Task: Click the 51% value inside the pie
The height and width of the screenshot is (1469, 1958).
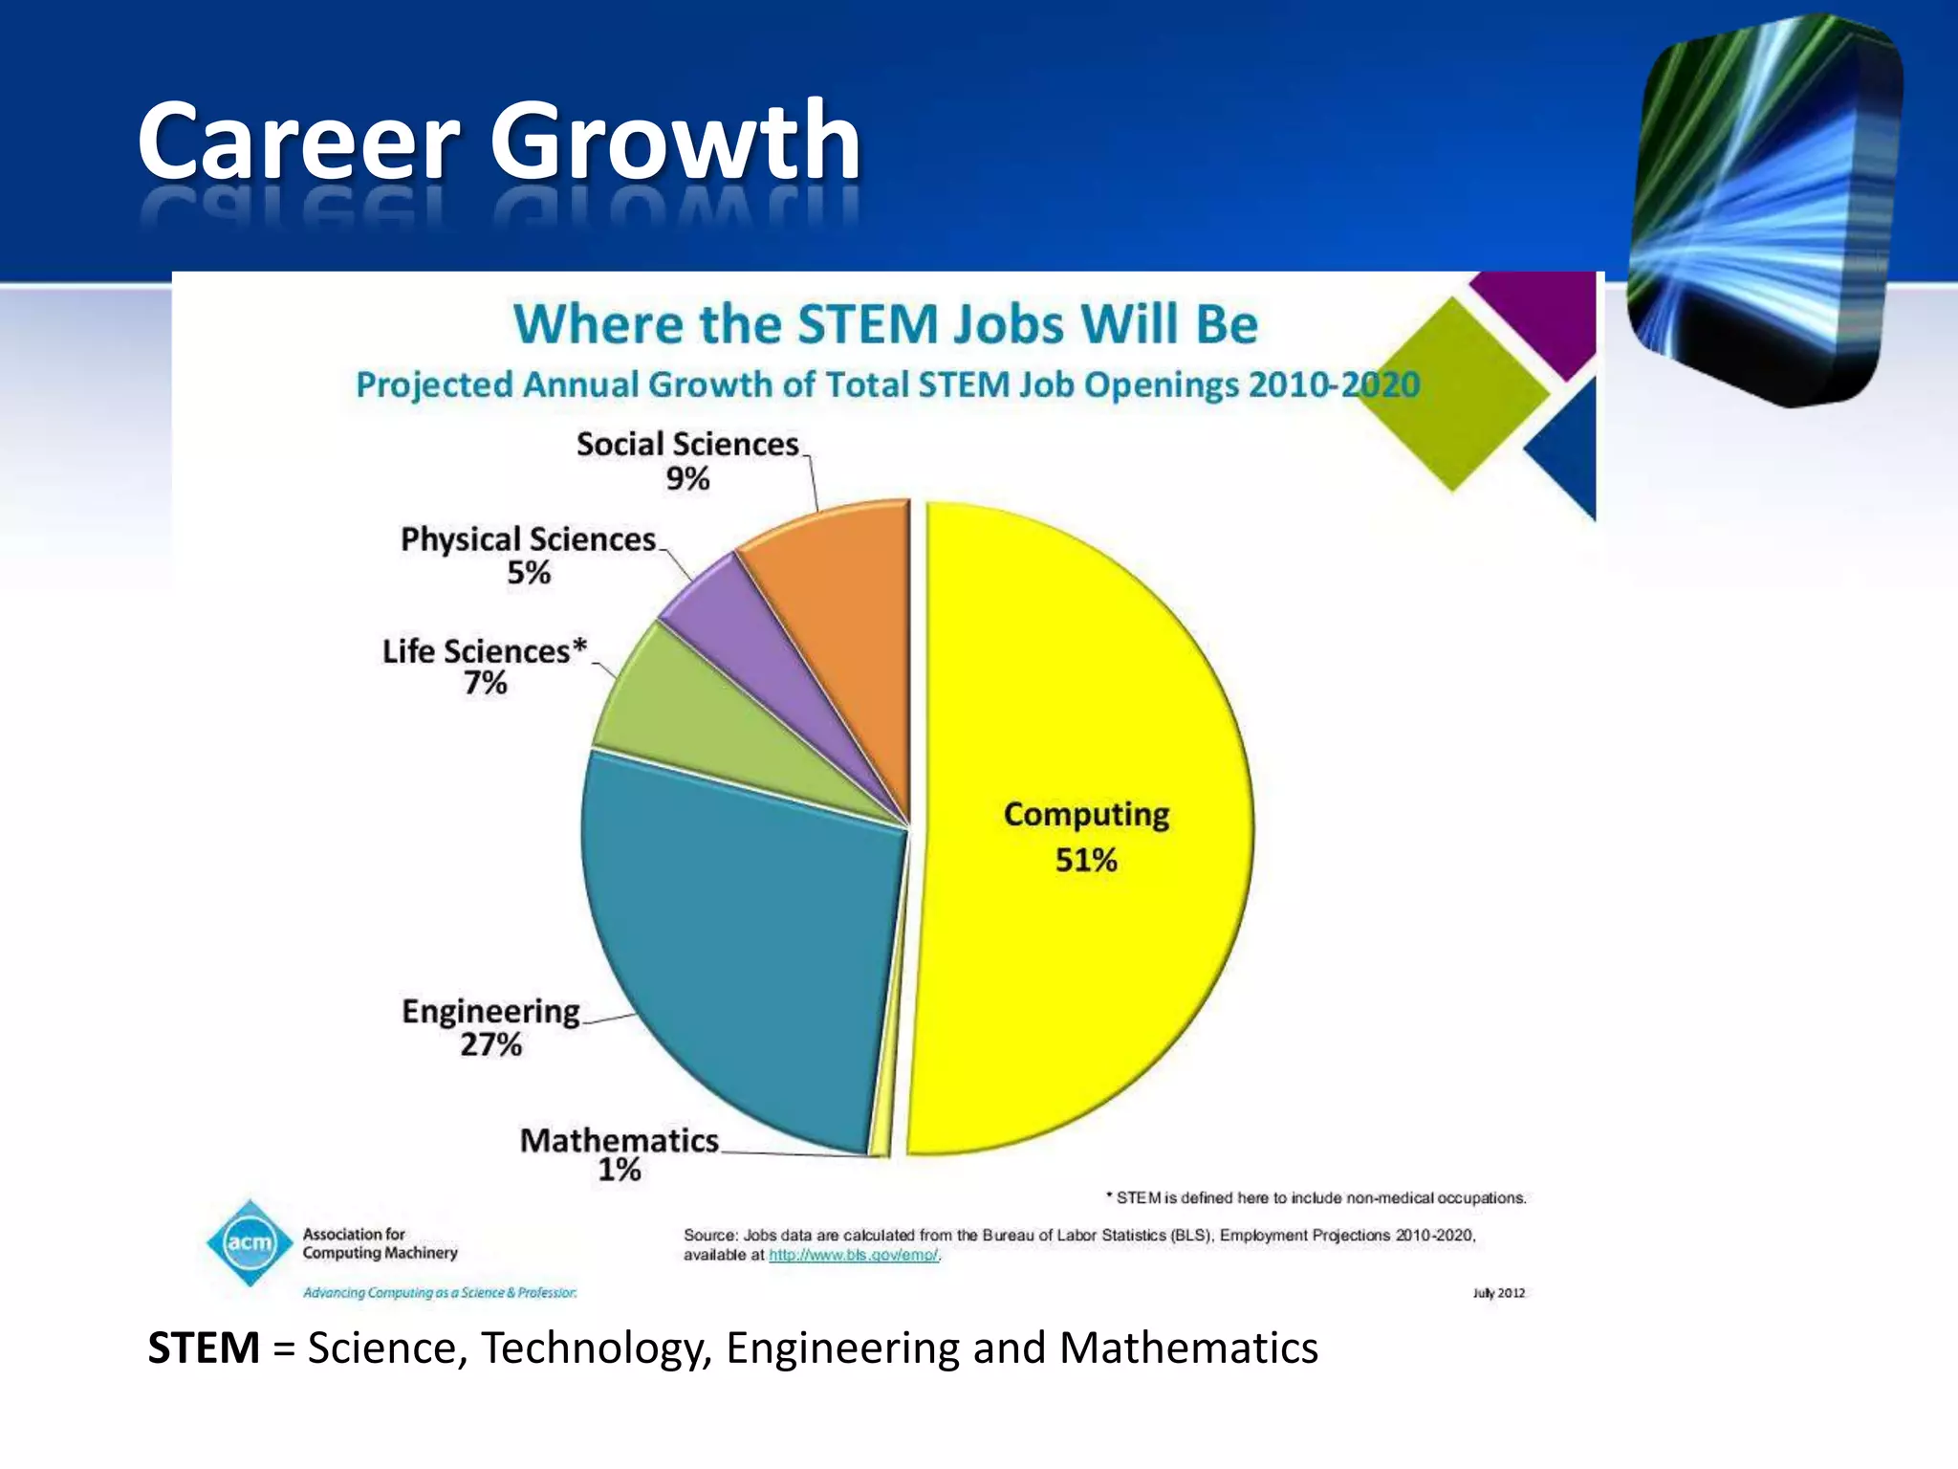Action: [x=1086, y=861]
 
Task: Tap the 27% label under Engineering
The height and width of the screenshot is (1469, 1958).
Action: [x=490, y=1044]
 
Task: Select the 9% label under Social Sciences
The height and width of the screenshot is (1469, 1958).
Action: [x=687, y=478]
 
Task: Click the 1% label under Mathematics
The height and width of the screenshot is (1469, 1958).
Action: [x=619, y=1170]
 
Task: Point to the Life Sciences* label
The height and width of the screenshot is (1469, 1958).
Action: [x=484, y=651]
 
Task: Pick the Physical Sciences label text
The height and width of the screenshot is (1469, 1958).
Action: [x=528, y=539]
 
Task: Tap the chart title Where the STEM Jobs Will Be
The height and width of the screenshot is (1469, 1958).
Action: [x=885, y=323]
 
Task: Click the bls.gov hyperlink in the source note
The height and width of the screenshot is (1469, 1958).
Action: [x=853, y=1255]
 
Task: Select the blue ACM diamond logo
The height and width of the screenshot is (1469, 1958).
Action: [x=250, y=1242]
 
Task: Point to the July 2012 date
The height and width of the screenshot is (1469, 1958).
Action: [x=1498, y=1293]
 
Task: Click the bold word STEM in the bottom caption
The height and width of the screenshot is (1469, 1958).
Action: [x=204, y=1348]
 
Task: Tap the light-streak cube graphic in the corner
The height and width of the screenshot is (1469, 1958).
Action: [x=1764, y=210]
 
